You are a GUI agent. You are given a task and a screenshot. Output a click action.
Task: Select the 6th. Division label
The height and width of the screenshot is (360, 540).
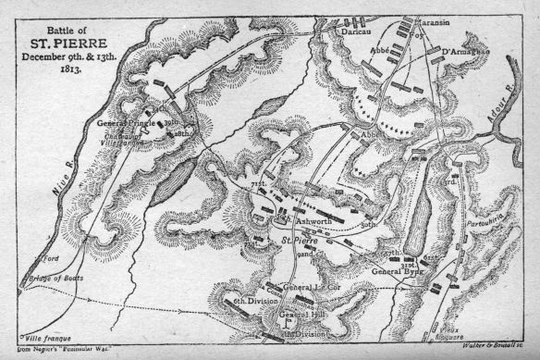pos(252,303)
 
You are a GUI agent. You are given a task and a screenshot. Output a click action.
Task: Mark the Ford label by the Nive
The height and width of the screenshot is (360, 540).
pos(38,258)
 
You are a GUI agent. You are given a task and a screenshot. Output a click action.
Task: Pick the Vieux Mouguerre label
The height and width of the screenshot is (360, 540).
pos(455,332)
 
